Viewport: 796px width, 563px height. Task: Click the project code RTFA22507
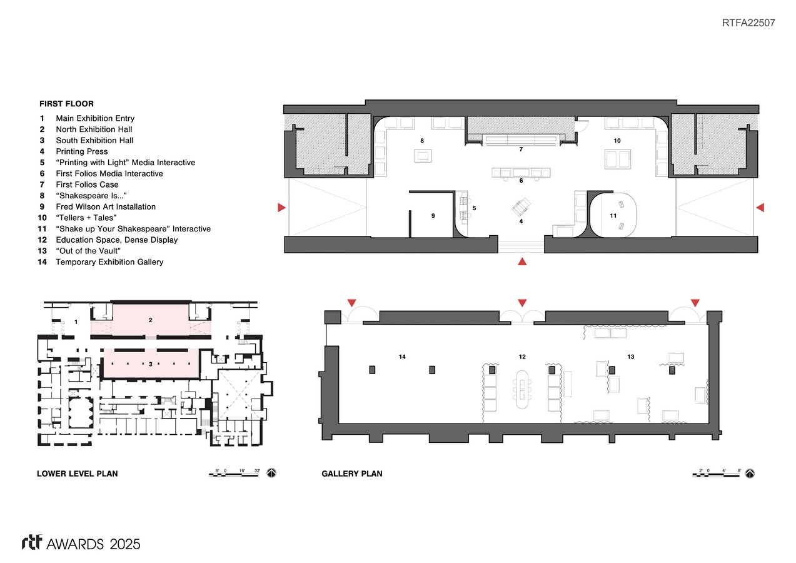(x=748, y=23)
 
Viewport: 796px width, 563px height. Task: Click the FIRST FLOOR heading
(x=66, y=104)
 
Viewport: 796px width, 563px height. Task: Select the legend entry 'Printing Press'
(x=82, y=151)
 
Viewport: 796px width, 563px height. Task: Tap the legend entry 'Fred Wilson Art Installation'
(x=106, y=206)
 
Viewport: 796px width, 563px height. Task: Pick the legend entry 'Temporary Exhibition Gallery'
(x=109, y=262)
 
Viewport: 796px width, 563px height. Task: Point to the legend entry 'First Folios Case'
(x=87, y=185)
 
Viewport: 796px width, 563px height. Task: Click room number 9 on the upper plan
(x=433, y=215)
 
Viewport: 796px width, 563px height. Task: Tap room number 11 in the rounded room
(x=613, y=215)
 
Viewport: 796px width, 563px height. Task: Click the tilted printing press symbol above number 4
(x=521, y=207)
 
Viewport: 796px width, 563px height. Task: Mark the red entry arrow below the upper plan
(x=522, y=261)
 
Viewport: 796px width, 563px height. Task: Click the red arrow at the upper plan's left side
(x=282, y=208)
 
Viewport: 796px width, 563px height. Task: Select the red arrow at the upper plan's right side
(x=760, y=208)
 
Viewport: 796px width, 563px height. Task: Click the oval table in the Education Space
(x=522, y=390)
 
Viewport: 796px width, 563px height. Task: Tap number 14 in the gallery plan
(x=402, y=357)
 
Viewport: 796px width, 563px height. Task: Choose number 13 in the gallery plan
(x=630, y=357)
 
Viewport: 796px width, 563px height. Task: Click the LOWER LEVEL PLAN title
(x=78, y=474)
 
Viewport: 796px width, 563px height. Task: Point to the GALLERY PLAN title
(x=352, y=474)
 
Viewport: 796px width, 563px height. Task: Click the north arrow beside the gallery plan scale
(x=750, y=474)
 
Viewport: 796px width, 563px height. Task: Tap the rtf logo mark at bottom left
(x=32, y=542)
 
